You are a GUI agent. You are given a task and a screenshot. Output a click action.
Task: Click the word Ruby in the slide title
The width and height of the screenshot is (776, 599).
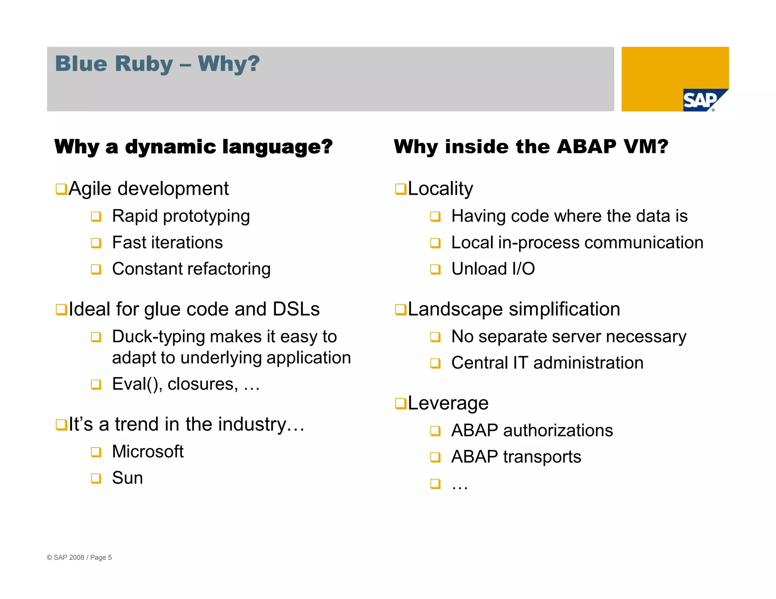[144, 64]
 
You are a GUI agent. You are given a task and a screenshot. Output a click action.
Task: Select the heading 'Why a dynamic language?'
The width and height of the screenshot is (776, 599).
[193, 147]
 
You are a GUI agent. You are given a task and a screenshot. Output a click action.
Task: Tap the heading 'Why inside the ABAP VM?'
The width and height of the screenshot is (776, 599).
[531, 147]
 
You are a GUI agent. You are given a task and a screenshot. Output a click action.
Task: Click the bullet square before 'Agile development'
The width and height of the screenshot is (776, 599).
[61, 189]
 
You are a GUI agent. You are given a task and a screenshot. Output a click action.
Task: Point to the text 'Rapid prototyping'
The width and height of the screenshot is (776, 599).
[181, 217]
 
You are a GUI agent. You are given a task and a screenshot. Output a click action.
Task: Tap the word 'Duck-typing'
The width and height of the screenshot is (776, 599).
[158, 337]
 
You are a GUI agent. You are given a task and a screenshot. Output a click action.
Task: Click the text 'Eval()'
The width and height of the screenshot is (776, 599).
[137, 384]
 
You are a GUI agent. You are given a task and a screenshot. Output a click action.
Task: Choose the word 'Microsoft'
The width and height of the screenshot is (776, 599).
[148, 452]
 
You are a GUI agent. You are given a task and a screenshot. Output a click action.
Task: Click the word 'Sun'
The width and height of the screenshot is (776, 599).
[127, 478]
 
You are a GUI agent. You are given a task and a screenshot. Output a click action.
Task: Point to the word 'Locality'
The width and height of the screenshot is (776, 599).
[440, 189]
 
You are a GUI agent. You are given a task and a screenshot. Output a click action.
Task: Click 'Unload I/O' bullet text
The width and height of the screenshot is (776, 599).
[493, 269]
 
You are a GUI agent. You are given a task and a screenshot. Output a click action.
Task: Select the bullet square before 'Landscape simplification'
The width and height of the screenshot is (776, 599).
[400, 309]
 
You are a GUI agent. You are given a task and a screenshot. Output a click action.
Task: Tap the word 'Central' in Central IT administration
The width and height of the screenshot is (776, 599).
[479, 363]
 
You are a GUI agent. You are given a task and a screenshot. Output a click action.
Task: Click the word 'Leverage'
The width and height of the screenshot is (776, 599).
[448, 403]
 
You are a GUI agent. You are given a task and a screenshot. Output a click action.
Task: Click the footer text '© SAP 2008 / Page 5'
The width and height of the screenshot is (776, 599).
[79, 557]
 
